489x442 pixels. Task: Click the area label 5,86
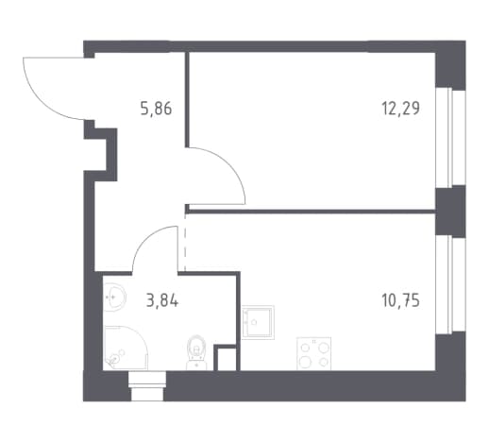pos(156,109)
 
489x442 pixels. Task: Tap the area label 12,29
pos(400,109)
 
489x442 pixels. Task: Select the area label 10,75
pos(400,300)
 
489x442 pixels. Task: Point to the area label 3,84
pos(162,301)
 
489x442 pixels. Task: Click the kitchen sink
pos(258,322)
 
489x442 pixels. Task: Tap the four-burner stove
pos(313,353)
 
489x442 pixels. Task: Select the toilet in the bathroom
pos(196,352)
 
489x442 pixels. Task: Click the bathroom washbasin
pos(114,297)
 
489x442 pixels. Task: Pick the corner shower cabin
pos(126,348)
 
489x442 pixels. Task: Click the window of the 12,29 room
pos(450,138)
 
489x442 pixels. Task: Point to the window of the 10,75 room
pos(450,284)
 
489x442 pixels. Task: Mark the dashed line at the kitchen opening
pos(185,243)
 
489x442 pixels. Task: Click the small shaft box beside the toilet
pos(227,358)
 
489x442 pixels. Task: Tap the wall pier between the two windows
pos(450,212)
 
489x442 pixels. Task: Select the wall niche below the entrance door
pos(100,155)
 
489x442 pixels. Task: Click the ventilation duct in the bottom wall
pos(147,386)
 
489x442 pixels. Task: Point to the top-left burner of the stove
pos(305,348)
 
